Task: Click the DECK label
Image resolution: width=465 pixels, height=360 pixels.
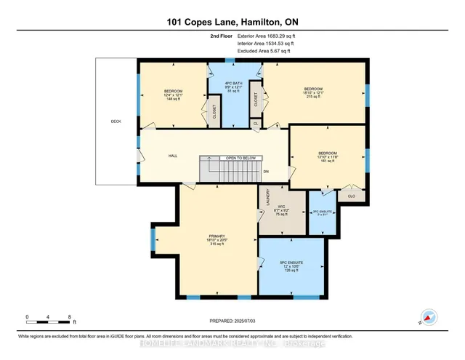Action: coord(116,121)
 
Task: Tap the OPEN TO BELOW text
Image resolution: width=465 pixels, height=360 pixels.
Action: coord(240,158)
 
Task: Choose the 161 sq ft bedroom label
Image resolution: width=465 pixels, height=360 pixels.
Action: coord(326,157)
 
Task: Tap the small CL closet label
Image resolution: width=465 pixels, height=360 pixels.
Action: coord(256,124)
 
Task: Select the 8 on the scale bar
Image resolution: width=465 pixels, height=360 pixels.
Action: coord(68,316)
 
